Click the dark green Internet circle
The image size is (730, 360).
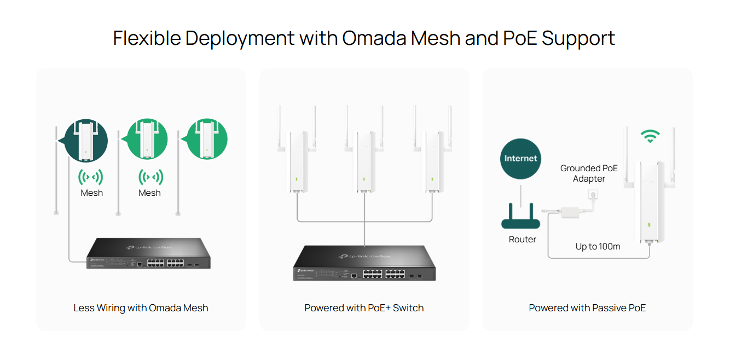point(520,159)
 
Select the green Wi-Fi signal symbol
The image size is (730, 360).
point(650,136)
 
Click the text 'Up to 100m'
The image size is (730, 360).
point(598,246)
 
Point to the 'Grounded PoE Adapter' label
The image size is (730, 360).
point(589,173)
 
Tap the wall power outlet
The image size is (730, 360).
point(593,194)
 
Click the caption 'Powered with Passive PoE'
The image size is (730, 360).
point(587,308)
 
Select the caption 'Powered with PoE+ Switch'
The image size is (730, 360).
point(364,308)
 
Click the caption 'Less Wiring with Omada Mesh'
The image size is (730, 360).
point(141,308)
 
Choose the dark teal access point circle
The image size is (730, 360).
point(86,141)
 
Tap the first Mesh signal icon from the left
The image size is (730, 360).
point(91,177)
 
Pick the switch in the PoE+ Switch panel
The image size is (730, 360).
point(364,263)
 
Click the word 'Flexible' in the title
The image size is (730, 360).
point(147,38)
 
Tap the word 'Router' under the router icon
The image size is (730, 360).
point(523,239)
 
